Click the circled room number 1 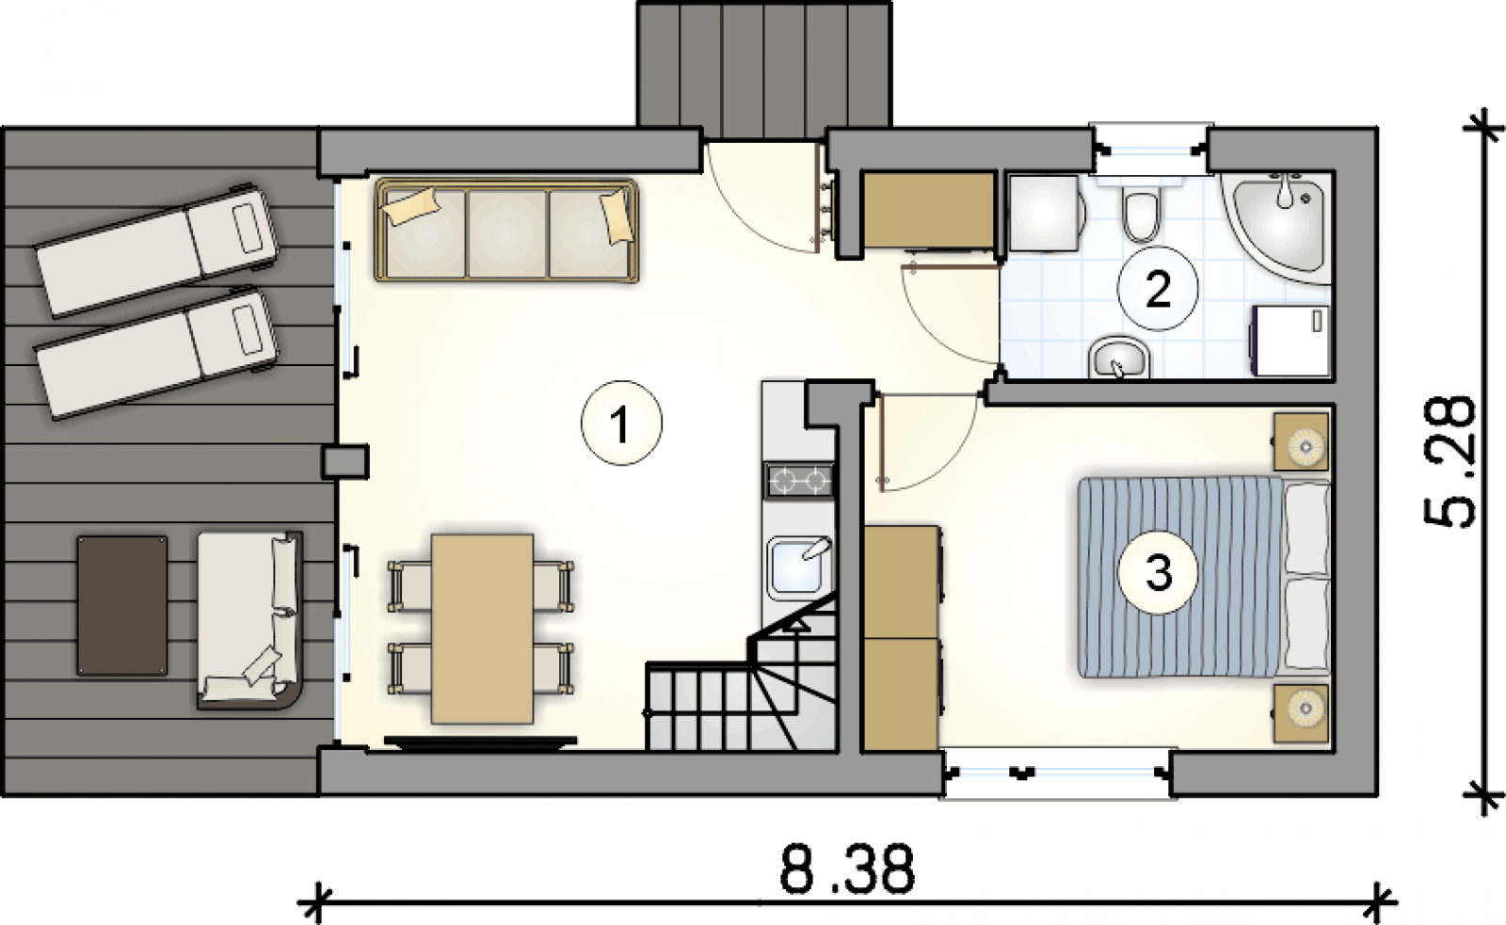(621, 423)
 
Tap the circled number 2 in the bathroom (1157, 289)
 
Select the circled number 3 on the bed (1157, 573)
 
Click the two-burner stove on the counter (799, 480)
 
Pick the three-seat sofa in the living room (506, 230)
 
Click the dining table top (483, 630)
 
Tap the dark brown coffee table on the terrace (122, 606)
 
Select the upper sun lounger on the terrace (157, 251)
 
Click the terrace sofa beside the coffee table (249, 620)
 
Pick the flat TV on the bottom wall (480, 742)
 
